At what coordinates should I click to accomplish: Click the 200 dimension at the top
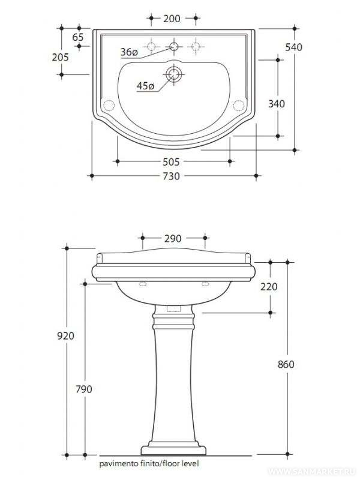tap(172, 19)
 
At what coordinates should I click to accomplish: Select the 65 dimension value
tap(77, 37)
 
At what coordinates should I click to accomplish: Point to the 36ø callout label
tap(129, 53)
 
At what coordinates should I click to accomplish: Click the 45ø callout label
tap(145, 86)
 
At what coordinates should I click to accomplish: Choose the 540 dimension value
tap(310, 47)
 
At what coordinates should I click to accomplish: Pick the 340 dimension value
tap(276, 103)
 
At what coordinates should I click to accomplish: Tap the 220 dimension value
tap(269, 287)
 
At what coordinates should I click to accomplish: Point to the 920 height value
tap(66, 335)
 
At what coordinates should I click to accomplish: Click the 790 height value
tap(84, 389)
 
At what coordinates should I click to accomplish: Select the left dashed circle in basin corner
tap(109, 106)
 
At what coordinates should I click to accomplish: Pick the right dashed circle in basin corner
tap(238, 106)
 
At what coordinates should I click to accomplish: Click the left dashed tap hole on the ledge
tap(152, 46)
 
